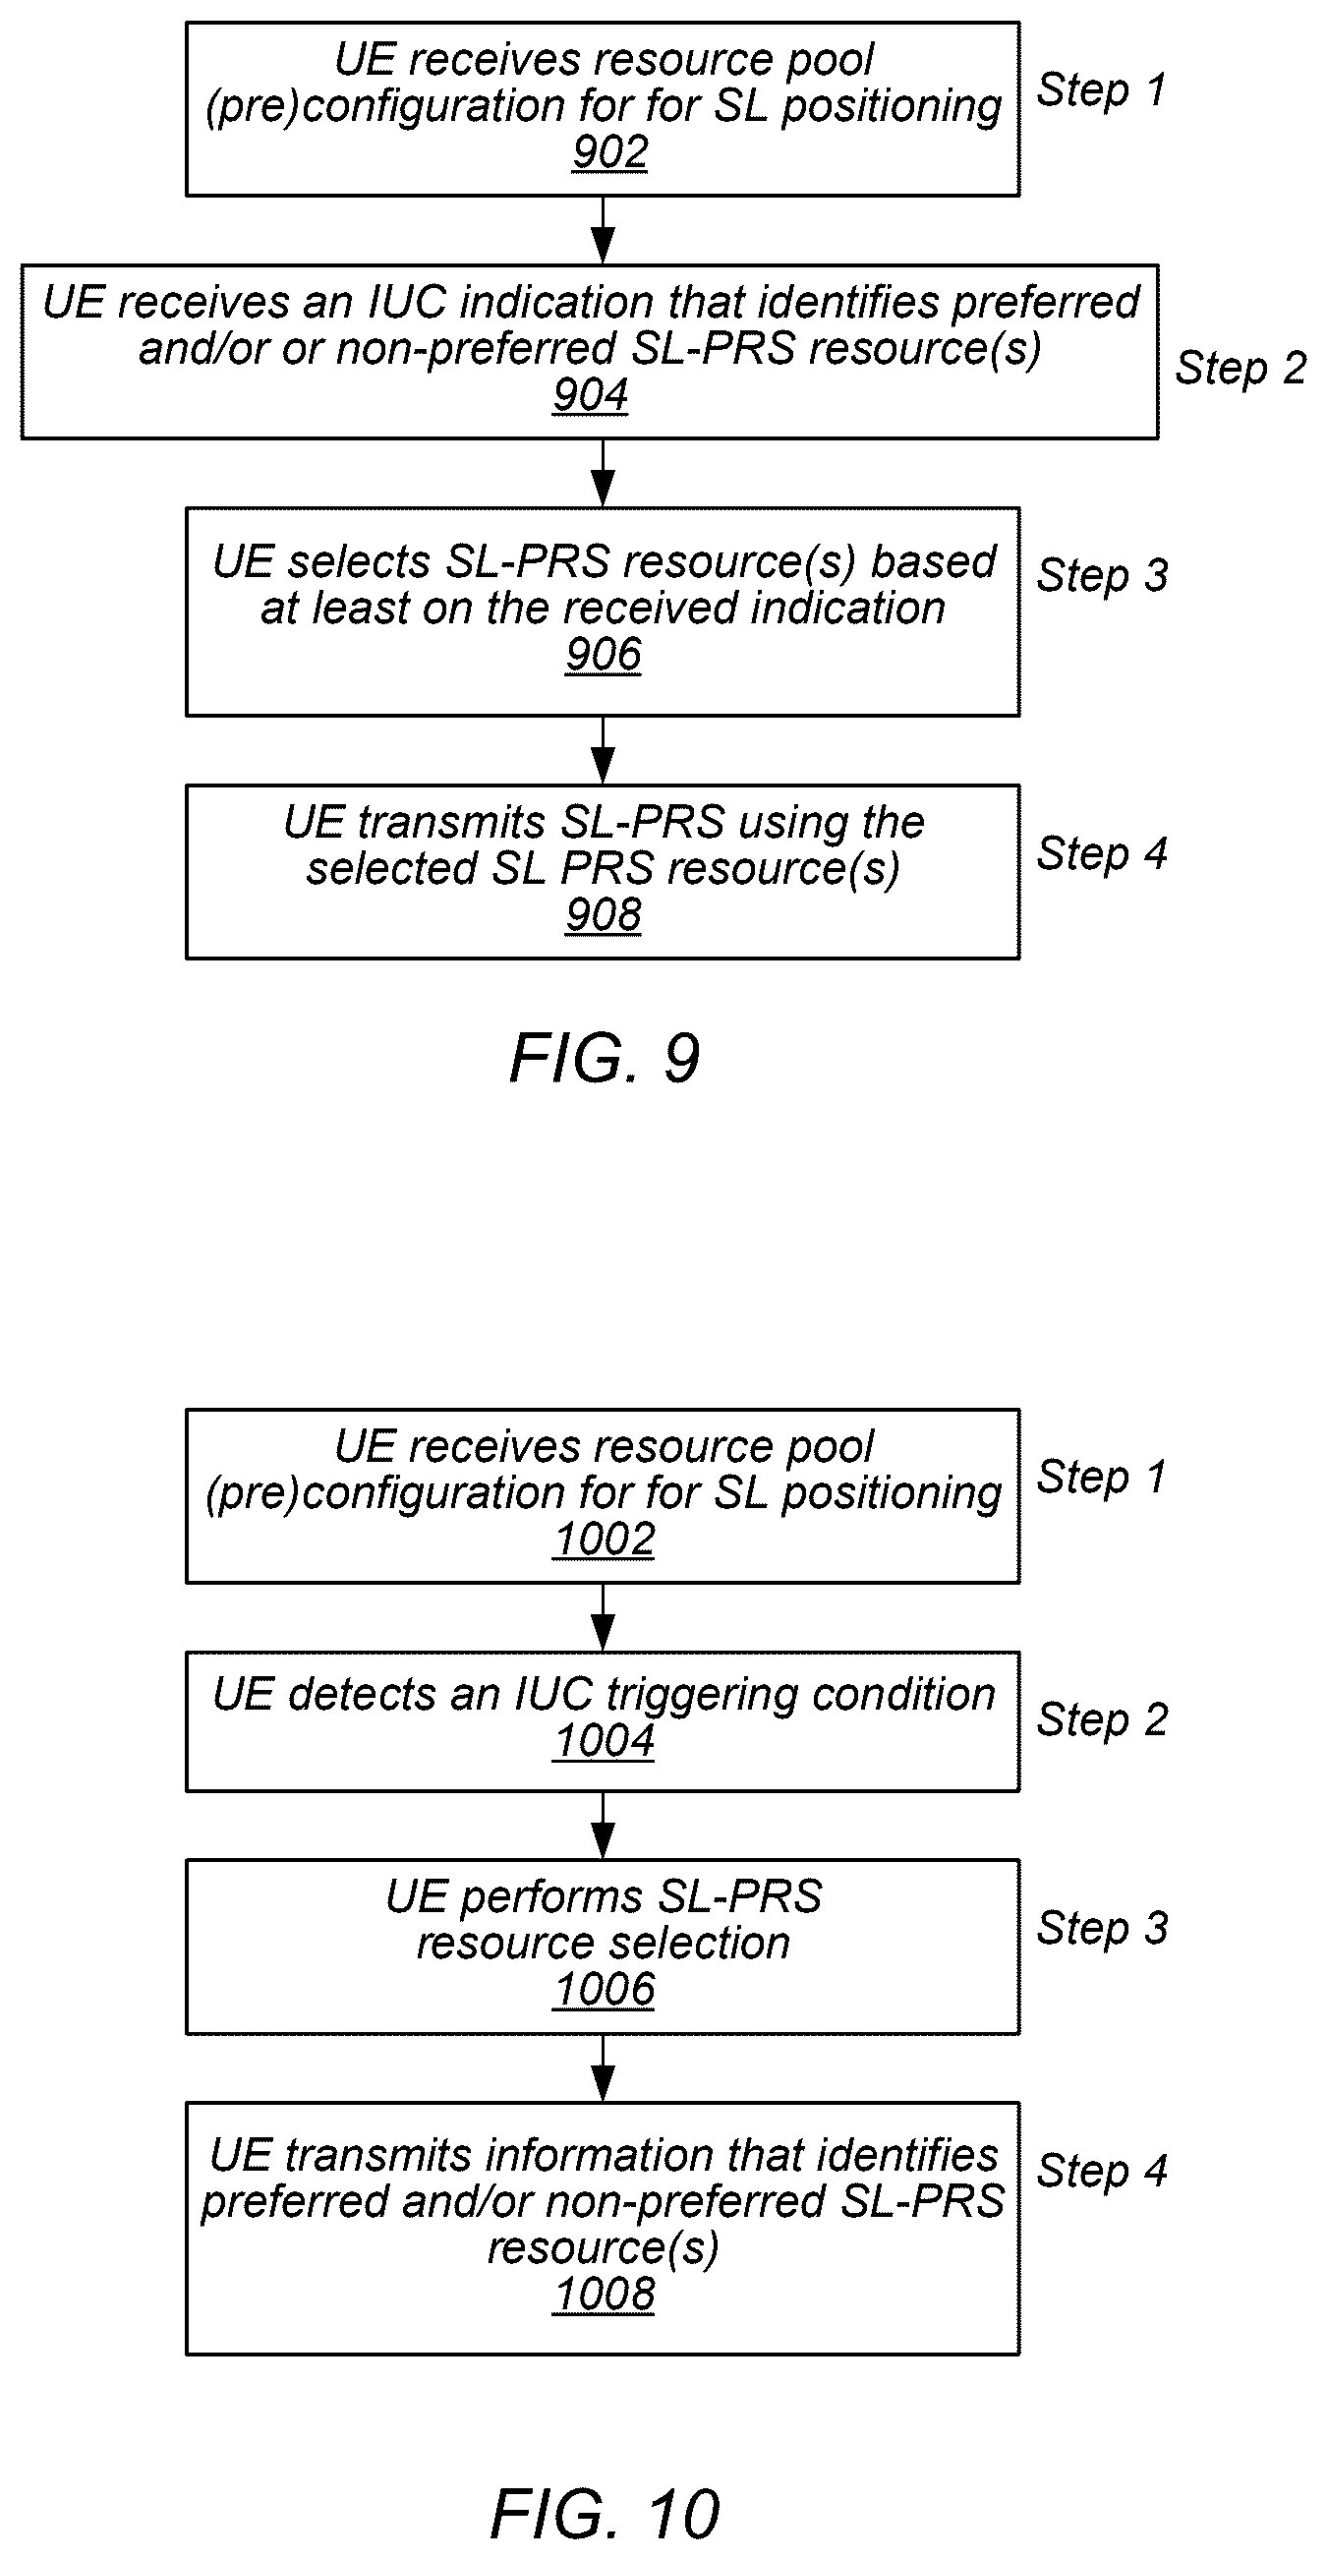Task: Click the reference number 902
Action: (x=609, y=153)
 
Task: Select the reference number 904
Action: (x=590, y=395)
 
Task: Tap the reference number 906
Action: (x=603, y=655)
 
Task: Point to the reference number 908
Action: (x=603, y=915)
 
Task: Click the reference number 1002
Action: (x=604, y=1540)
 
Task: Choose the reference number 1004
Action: (x=604, y=1741)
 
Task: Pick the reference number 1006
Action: (x=604, y=1990)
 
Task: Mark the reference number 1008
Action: (x=604, y=2295)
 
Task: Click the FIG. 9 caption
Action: (x=605, y=1058)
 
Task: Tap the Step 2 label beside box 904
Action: (x=1240, y=369)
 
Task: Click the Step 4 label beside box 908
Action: (x=1102, y=854)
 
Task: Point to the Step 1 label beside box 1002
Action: (x=1101, y=1478)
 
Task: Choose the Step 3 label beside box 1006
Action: (x=1102, y=1928)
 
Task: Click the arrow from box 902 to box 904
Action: (x=603, y=230)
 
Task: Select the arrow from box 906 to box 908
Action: (x=603, y=750)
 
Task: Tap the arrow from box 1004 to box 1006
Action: (x=603, y=1825)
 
